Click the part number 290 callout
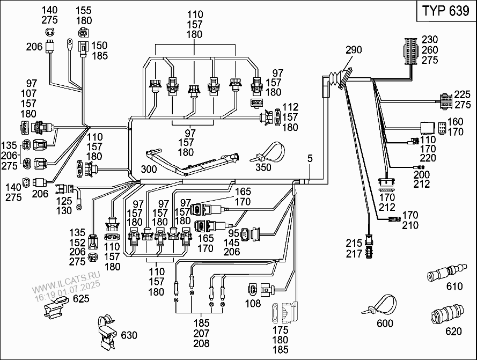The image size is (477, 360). tap(354, 50)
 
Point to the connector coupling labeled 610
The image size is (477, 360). tap(444, 275)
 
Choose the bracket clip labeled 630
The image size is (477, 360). tap(107, 332)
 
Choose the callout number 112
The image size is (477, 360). tap(290, 107)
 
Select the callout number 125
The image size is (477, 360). tap(64, 201)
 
